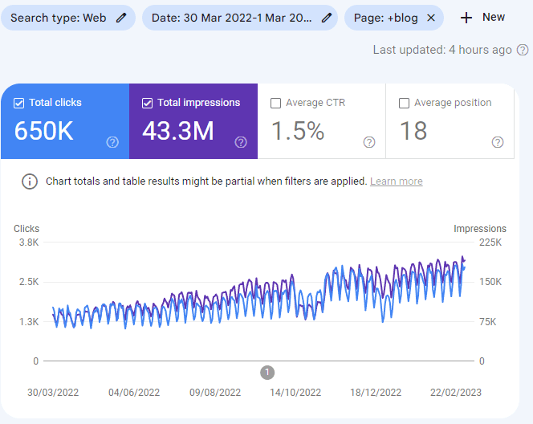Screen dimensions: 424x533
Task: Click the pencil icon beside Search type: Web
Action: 121,18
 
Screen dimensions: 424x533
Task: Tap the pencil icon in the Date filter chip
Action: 327,18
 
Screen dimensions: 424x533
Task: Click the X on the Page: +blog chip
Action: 431,18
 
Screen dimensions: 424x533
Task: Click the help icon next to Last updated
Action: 523,50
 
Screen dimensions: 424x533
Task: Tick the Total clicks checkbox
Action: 19,103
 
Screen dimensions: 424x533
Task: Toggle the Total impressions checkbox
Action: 148,103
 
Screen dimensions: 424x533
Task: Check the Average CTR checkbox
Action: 276,103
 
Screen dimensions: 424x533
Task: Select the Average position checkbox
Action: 405,103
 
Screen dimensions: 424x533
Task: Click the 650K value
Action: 43,131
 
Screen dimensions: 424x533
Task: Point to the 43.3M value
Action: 177,131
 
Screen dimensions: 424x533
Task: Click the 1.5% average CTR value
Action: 297,131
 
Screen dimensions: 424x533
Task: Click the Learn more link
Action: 396,181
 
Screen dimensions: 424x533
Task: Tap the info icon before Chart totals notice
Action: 30,181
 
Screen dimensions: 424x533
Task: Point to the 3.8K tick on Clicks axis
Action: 28,243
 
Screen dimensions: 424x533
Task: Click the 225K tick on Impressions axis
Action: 489,243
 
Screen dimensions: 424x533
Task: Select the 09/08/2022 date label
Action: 215,393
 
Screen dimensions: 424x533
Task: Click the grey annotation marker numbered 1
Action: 268,372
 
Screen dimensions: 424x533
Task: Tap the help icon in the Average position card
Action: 498,142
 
